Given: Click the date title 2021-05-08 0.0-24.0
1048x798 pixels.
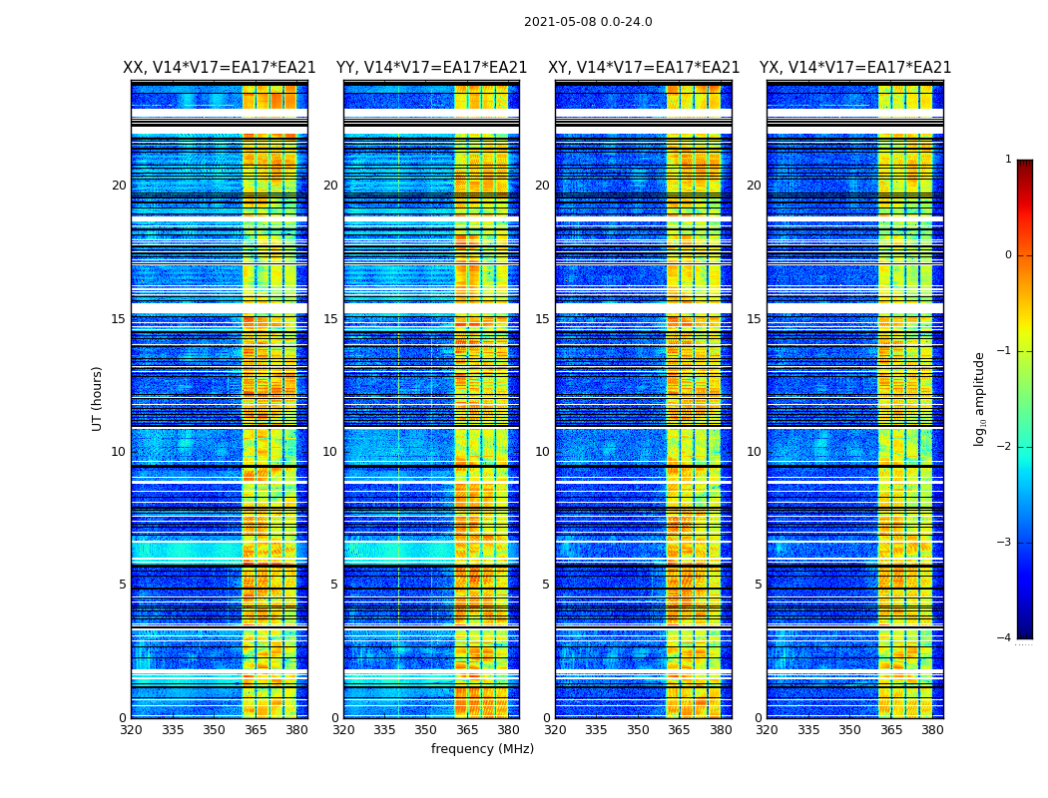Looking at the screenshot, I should pos(588,22).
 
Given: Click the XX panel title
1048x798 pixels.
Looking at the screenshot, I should pos(219,68).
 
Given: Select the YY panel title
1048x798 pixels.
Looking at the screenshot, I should pos(431,68).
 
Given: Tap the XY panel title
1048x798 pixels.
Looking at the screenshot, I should pos(644,68).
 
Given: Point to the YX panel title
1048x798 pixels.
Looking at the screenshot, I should pos(855,68).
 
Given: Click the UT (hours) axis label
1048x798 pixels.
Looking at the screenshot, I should pos(98,398).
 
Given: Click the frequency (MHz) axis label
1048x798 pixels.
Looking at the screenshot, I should pos(482,749).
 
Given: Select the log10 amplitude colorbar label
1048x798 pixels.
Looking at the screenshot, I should pos(980,398).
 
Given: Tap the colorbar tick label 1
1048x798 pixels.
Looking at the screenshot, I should pos(1007,160).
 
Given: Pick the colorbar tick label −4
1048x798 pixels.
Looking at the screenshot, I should pos(1005,638).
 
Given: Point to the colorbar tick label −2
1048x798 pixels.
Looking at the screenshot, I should pos(1005,447).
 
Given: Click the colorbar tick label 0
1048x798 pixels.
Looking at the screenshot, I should pos(1007,255).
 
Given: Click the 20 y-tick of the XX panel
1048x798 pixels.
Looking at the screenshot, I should pos(119,186).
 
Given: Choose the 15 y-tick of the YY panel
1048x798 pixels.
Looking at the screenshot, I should pos(330,319).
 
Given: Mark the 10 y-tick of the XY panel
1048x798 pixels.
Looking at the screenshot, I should pos(542,452).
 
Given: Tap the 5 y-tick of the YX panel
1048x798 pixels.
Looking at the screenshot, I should pos(758,585).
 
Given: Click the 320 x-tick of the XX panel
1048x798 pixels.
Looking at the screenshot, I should pos(131,730).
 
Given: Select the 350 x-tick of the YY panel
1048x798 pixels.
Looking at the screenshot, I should pos(426,730).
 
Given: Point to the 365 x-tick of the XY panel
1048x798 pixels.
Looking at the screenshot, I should pos(679,730).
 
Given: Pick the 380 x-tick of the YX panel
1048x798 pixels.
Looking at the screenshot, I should pos(932,730).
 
